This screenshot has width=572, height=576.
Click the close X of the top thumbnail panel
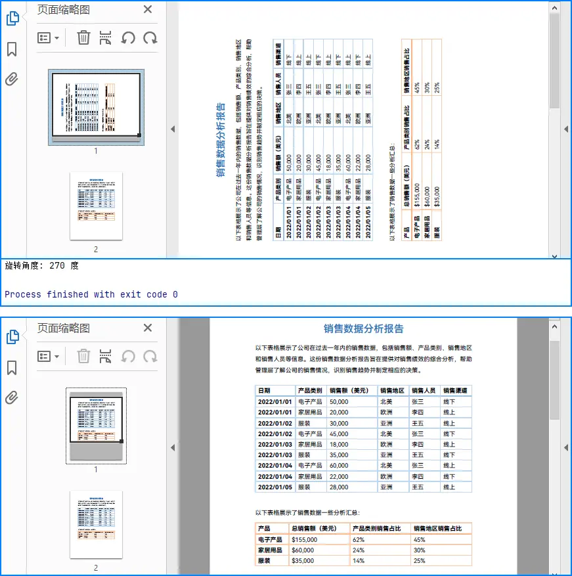click(x=148, y=9)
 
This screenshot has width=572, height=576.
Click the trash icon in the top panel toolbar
click(x=83, y=37)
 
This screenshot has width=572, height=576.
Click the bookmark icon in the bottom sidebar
click(x=12, y=368)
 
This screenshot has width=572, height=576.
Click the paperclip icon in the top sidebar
click(x=12, y=79)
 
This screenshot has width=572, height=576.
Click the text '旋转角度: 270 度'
click(x=42, y=266)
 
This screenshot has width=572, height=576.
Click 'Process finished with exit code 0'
click(x=91, y=294)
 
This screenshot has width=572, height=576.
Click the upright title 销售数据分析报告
click(x=363, y=329)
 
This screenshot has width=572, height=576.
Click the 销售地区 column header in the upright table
click(x=391, y=391)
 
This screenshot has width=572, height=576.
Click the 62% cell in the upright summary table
click(x=359, y=539)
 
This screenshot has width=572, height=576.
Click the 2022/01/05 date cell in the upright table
click(x=274, y=487)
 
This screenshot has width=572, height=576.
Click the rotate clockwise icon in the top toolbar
click(x=150, y=37)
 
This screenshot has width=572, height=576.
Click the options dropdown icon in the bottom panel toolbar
click(x=48, y=356)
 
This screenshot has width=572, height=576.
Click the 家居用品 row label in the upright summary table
click(x=270, y=550)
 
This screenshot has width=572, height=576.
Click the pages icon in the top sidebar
click(x=12, y=18)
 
